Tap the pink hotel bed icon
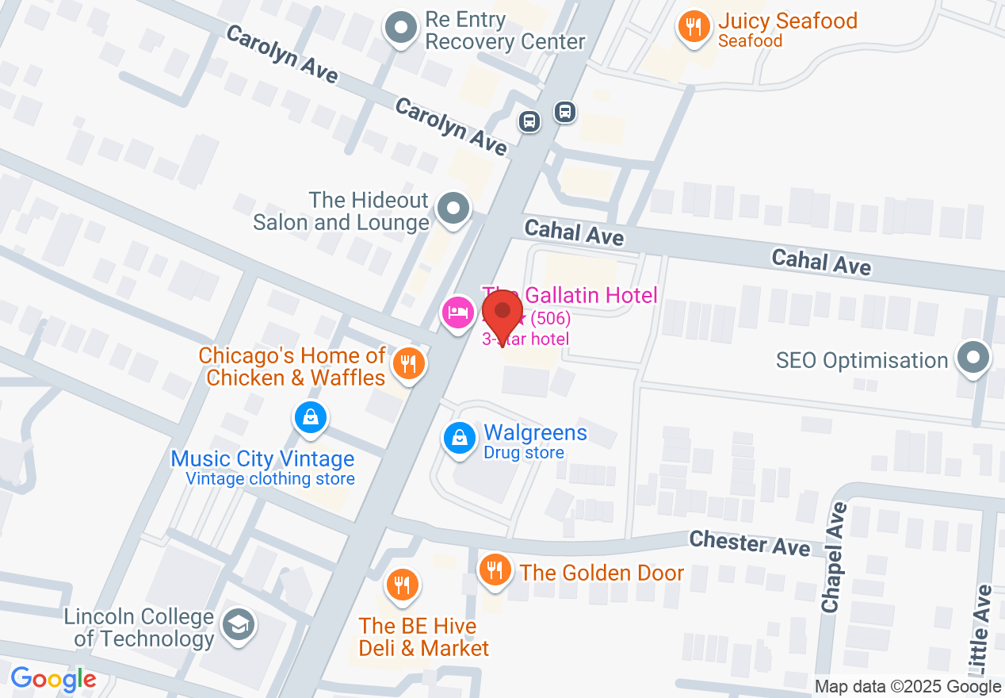[x=457, y=312]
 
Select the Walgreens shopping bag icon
[x=458, y=438]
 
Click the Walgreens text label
[x=535, y=433]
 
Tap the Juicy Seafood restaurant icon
[x=694, y=28]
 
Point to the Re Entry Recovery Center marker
[x=401, y=29]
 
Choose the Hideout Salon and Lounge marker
[x=453, y=210]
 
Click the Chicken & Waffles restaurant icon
[x=408, y=365]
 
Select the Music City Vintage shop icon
[x=310, y=417]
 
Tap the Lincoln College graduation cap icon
[x=237, y=624]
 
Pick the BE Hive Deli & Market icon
[x=403, y=585]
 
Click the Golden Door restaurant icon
[x=495, y=570]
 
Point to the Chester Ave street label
[x=749, y=543]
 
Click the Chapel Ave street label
[x=835, y=557]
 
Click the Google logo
[x=53, y=680]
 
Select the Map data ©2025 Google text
[x=908, y=687]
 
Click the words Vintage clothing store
[x=269, y=479]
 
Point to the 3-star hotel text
[x=525, y=339]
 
